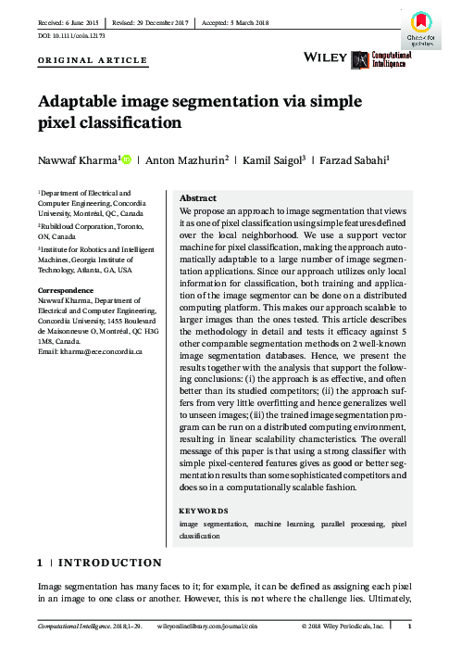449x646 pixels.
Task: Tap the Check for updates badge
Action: point(418,28)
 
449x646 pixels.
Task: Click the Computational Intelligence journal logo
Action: point(381,57)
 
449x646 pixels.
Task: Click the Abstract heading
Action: point(197,198)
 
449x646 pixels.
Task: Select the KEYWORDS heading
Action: point(203,511)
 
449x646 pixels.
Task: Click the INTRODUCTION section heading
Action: point(111,563)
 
